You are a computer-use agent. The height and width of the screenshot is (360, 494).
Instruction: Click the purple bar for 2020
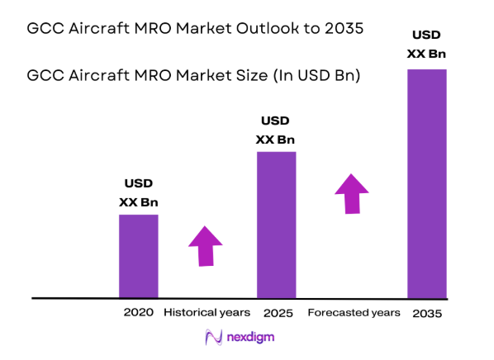(138, 256)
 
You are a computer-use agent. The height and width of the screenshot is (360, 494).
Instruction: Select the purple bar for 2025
(277, 225)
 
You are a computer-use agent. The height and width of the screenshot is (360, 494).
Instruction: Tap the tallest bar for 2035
(427, 183)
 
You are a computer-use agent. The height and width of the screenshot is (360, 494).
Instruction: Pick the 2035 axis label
(427, 314)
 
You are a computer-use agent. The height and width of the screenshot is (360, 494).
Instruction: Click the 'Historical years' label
(207, 313)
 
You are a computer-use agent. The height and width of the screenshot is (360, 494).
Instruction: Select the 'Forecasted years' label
(354, 313)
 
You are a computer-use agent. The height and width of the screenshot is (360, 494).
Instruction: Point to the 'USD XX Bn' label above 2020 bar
(138, 192)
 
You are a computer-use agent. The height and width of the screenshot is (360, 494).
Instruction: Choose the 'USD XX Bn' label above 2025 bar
(276, 130)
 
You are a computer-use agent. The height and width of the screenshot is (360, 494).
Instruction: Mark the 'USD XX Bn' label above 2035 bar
(427, 44)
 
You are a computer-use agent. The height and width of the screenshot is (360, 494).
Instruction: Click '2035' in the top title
(345, 29)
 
